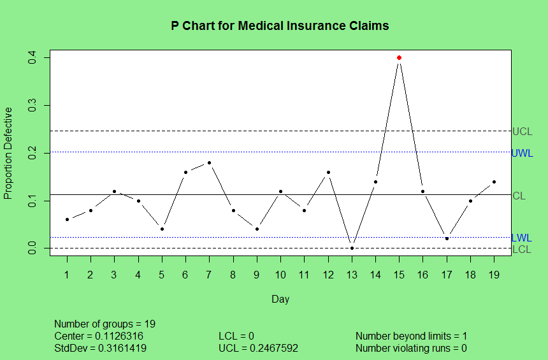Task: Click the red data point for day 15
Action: tap(399, 58)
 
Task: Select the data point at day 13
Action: tap(352, 248)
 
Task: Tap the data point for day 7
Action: tap(209, 162)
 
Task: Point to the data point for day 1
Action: tap(67, 219)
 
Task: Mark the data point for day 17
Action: tap(447, 238)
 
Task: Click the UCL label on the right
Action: tap(522, 132)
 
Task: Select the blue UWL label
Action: tap(522, 153)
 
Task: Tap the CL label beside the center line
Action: tap(519, 196)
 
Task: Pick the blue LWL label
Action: tap(521, 238)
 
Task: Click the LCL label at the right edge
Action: tap(521, 249)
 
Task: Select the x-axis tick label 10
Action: tap(280, 274)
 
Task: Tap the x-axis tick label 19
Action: tap(494, 274)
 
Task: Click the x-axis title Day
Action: tap(280, 299)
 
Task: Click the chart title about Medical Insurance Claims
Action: tap(280, 26)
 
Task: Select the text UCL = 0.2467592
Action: tap(258, 349)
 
